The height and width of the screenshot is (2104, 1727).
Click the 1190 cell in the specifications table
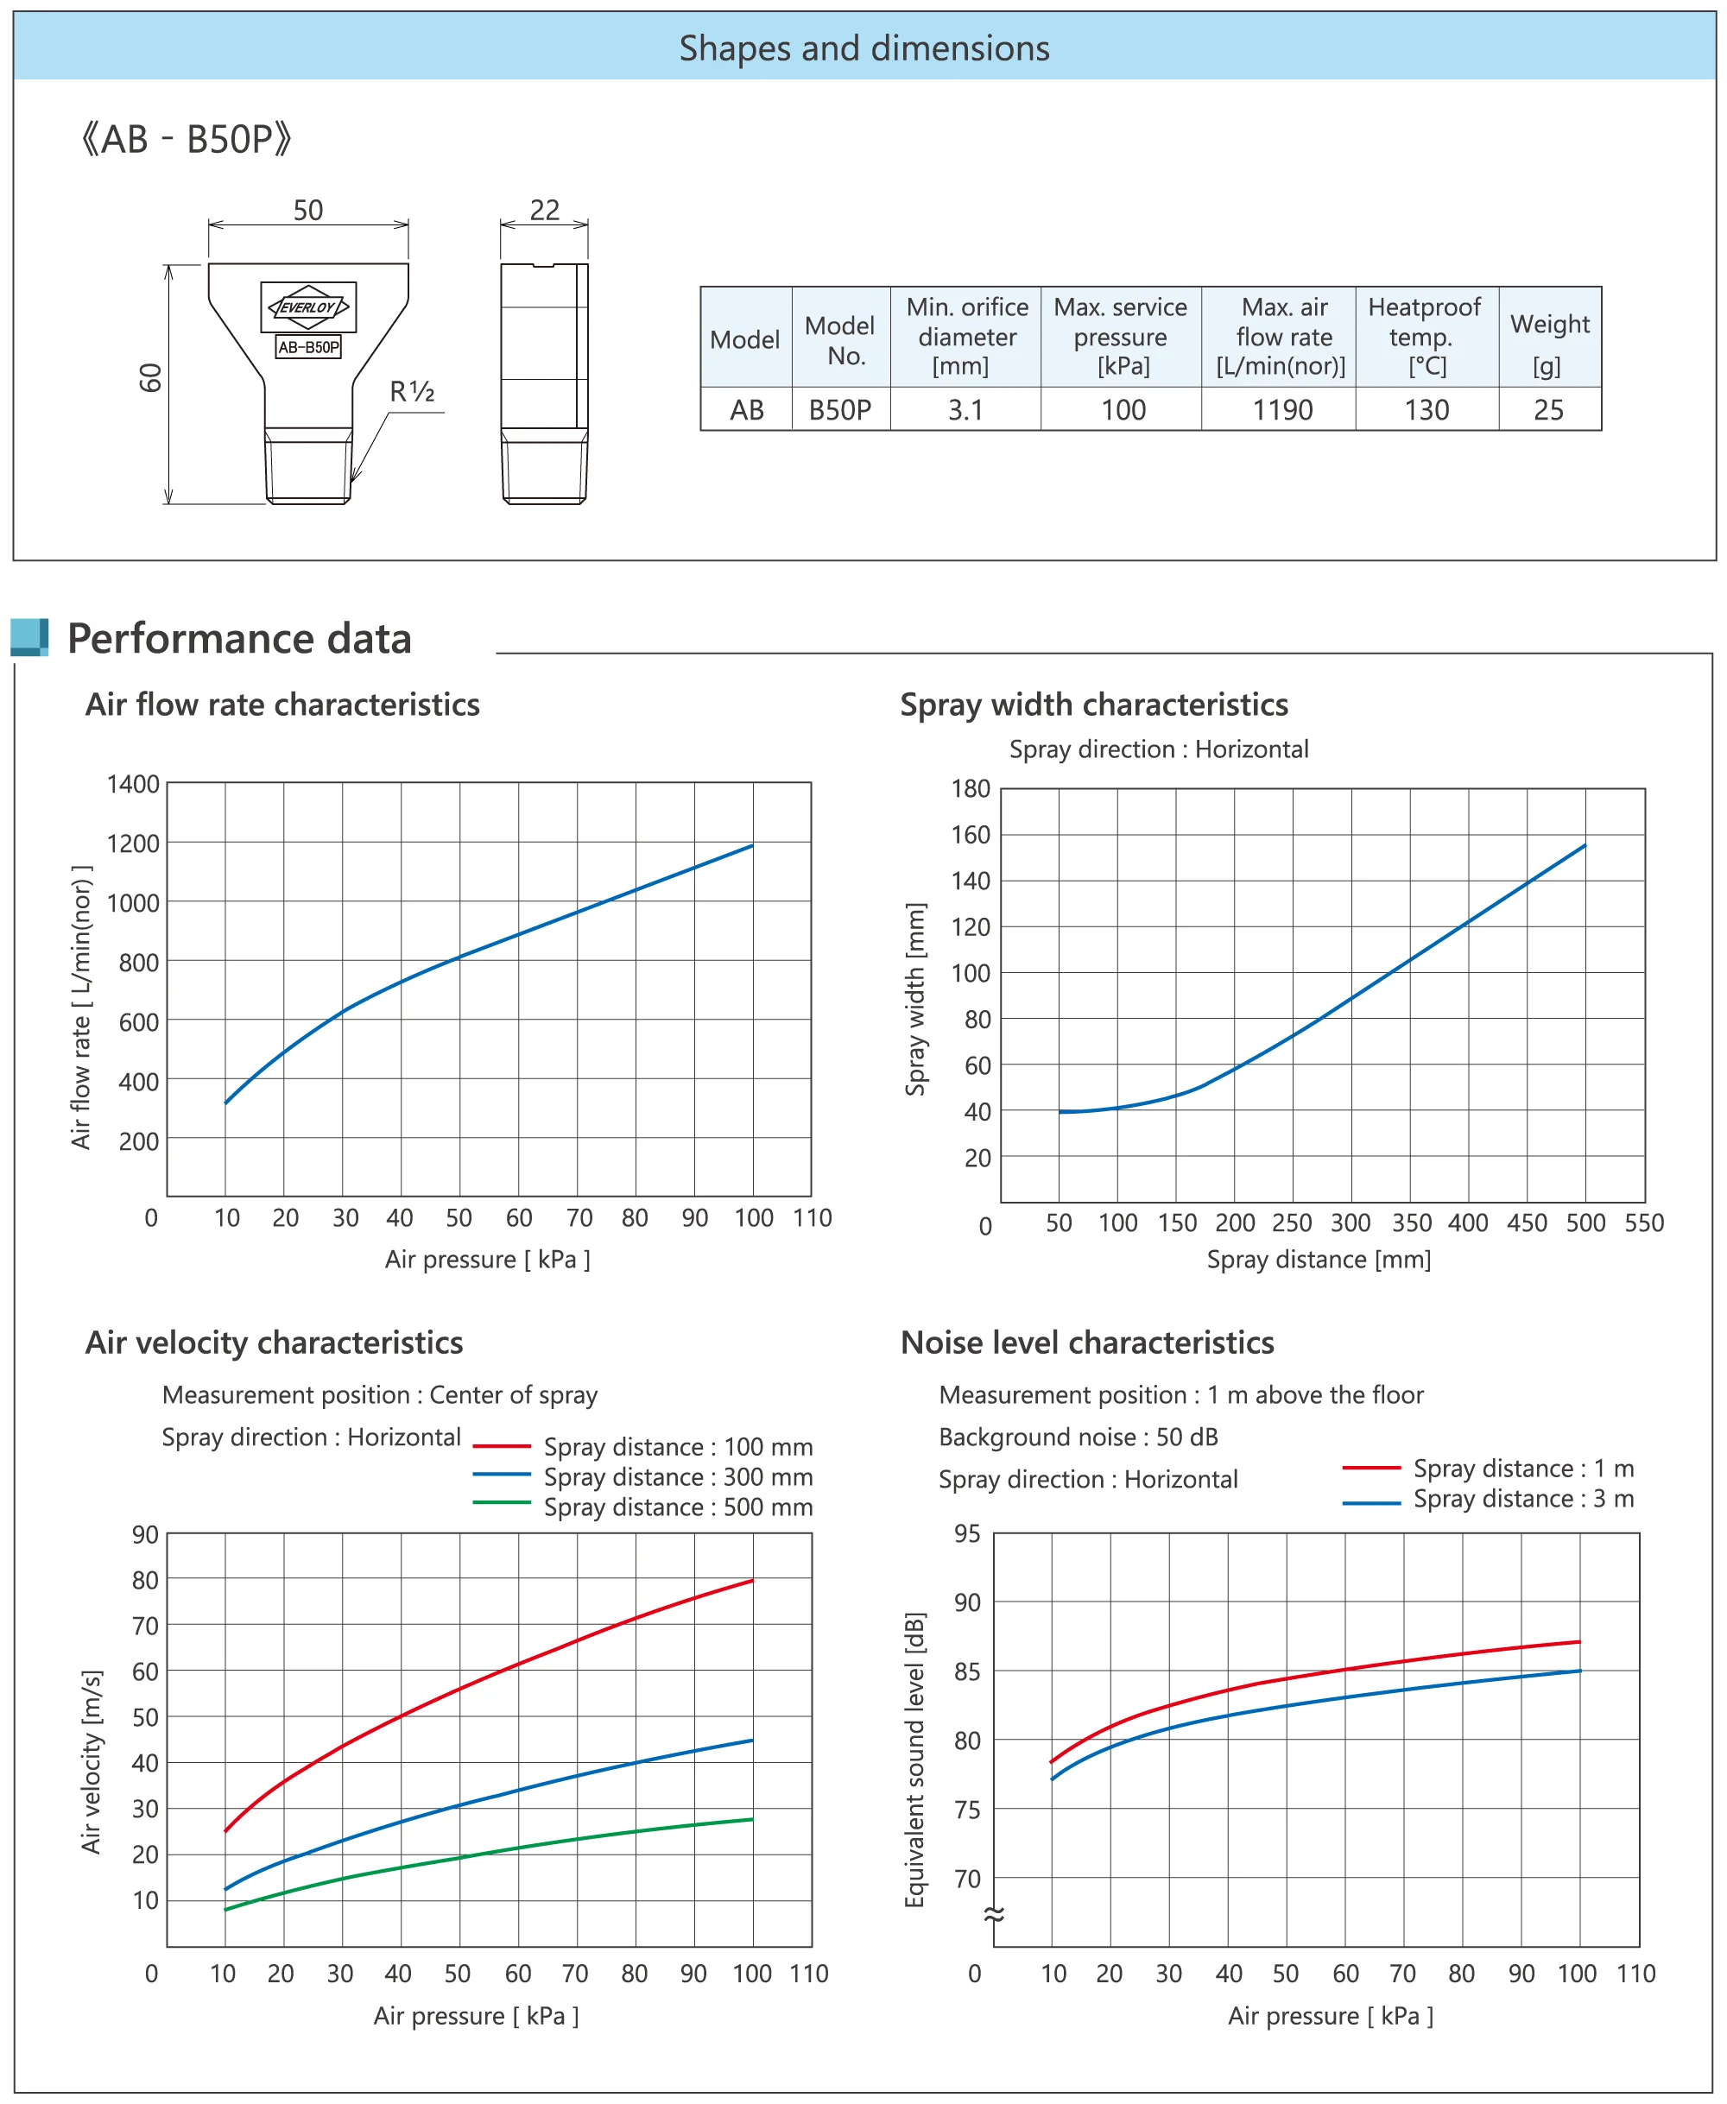(1281, 410)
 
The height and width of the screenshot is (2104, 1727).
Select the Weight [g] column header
(1549, 338)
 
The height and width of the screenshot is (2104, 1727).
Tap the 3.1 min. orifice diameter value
(965, 410)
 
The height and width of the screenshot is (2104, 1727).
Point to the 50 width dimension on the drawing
(308, 210)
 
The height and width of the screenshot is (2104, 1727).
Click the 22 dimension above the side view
(544, 210)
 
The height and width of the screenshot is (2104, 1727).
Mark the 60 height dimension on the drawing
(150, 378)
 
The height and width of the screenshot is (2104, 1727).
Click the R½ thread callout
(412, 392)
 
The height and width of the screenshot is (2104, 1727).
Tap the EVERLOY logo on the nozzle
(308, 307)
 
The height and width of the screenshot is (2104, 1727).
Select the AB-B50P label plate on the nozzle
(308, 347)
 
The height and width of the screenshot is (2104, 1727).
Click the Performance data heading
(238, 639)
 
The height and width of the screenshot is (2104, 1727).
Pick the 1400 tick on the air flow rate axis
(133, 785)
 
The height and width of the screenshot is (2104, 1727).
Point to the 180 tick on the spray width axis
(970, 789)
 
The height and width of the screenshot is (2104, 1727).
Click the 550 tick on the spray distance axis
(1643, 1223)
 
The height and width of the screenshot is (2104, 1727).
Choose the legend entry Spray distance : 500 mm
(678, 1507)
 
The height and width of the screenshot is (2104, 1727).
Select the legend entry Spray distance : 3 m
(1522, 1499)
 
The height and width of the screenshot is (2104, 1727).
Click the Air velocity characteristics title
(274, 1343)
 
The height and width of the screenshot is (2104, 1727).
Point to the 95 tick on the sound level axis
(967, 1534)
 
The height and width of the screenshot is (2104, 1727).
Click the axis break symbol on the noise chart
(994, 1914)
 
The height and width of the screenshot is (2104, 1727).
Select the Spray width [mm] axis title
(915, 999)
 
